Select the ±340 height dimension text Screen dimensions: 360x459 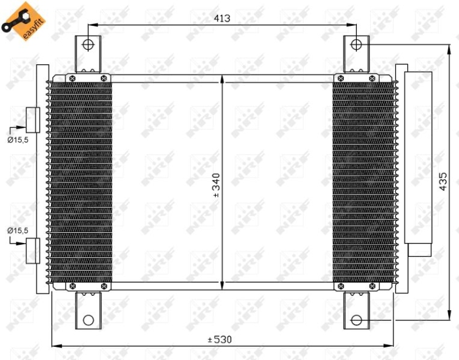216,186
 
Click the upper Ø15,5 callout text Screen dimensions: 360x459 18,138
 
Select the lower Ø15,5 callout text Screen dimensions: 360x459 18,230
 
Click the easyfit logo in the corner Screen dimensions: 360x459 20,20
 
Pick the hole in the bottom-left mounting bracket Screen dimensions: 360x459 88,320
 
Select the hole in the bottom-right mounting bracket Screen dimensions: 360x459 356,320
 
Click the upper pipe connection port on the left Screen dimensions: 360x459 33,119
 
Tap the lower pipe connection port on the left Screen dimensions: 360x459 33,250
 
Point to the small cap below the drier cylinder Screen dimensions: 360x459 419,250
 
